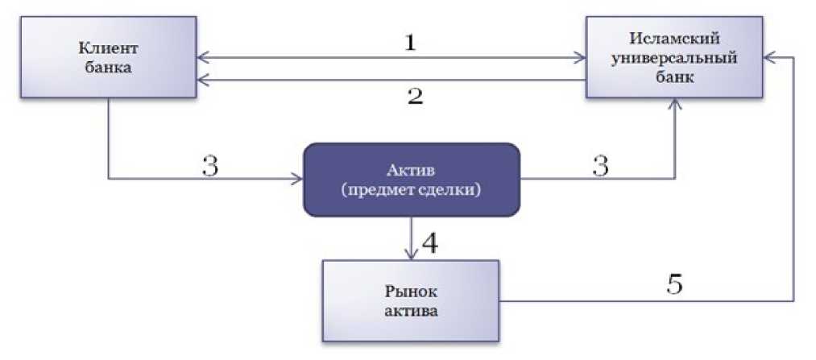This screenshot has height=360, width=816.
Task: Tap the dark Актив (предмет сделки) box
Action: click(x=411, y=180)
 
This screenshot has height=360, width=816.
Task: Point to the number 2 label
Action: click(x=415, y=97)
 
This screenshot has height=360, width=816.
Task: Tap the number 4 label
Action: click(x=432, y=242)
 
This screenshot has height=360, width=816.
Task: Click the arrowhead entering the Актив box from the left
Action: click(x=296, y=179)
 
